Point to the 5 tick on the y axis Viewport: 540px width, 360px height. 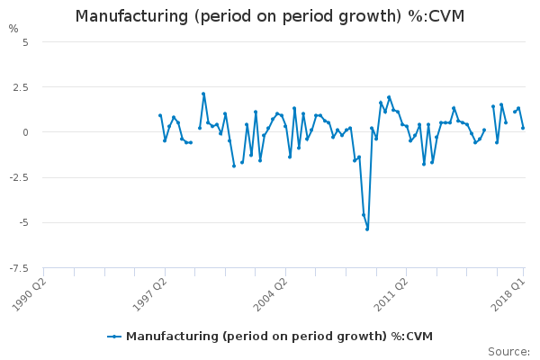click(25, 42)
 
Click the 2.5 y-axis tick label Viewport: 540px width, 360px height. click(22, 87)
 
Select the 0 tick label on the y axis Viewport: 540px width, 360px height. click(26, 132)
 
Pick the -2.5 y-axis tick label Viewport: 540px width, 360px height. click(20, 177)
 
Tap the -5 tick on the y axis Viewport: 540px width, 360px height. click(24, 222)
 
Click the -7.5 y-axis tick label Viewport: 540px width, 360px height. click(20, 267)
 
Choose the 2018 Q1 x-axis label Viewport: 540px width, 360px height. click(510, 292)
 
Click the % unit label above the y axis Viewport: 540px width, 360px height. click(13, 29)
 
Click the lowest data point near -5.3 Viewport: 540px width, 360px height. click(367, 229)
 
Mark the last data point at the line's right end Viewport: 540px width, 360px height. click(523, 128)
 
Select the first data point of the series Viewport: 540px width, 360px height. click(160, 115)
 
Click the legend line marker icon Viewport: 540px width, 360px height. click(114, 337)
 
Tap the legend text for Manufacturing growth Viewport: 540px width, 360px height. click(279, 337)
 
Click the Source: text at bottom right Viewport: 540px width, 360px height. click(508, 351)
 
